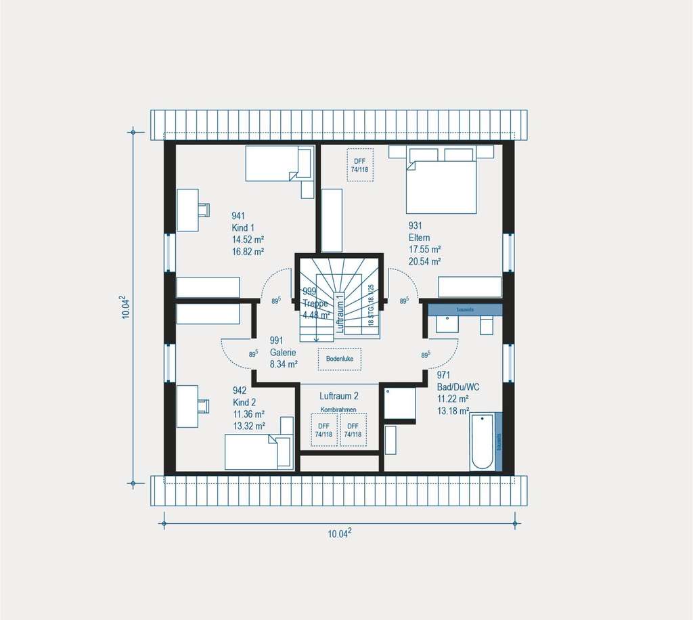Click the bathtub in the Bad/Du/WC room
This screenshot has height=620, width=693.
[482, 441]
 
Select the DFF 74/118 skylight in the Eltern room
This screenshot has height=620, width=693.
[359, 164]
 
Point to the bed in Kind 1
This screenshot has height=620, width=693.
[278, 164]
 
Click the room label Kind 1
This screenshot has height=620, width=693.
[243, 228]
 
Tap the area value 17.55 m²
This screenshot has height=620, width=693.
[424, 249]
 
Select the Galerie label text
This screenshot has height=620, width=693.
[284, 353]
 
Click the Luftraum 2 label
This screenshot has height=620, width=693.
[339, 396]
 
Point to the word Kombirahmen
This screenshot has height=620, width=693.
[338, 410]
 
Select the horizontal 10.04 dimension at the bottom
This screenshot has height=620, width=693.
[339, 533]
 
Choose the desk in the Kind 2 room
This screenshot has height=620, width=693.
[189, 405]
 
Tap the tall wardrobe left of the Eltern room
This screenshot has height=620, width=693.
[332, 221]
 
